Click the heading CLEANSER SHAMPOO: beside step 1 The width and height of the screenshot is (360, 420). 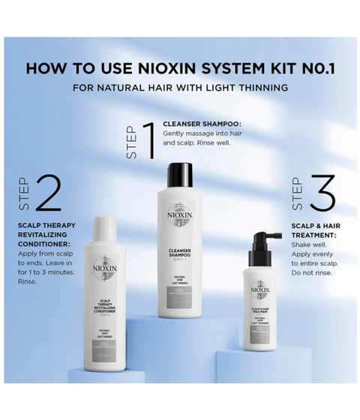pyautogui.click(x=201, y=123)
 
